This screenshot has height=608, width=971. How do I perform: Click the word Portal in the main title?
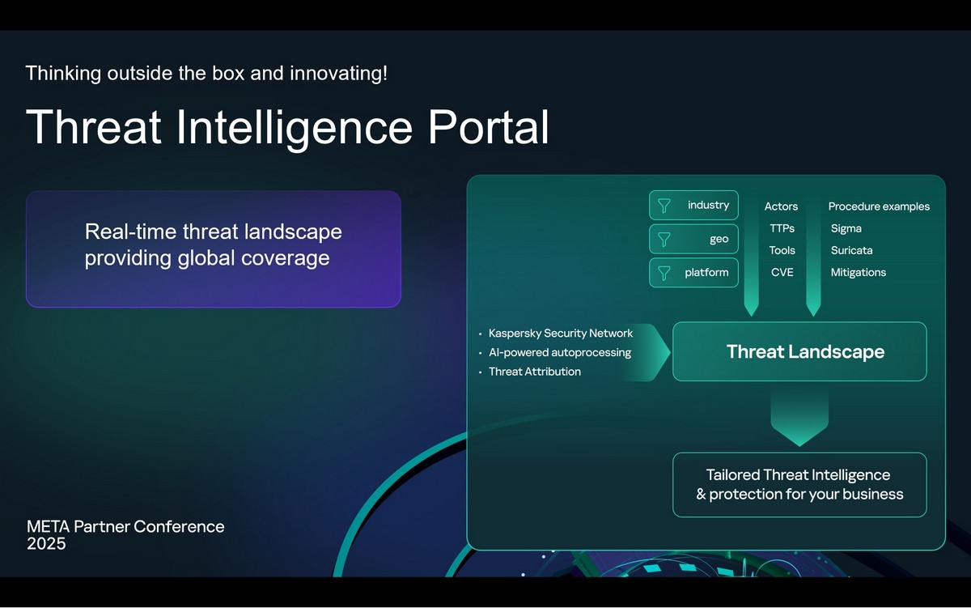(489, 127)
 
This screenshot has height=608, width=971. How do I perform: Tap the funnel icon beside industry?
(664, 206)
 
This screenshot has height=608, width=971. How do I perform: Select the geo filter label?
(719, 240)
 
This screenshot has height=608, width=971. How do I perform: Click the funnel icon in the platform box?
(664, 273)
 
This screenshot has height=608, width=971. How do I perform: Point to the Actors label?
(781, 206)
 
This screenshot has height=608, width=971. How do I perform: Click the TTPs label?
(782, 228)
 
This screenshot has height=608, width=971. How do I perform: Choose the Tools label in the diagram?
(782, 250)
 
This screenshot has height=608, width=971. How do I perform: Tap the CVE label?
(782, 272)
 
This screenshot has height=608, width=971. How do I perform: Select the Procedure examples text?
(879, 206)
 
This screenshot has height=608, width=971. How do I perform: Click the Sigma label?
(846, 228)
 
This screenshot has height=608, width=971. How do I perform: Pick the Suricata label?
(852, 250)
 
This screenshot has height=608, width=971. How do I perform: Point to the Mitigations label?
(859, 272)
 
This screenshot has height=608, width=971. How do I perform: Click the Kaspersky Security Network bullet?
(561, 333)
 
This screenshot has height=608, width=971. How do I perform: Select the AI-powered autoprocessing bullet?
(560, 352)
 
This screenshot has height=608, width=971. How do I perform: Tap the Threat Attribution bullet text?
(535, 372)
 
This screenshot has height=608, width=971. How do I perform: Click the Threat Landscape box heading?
(805, 351)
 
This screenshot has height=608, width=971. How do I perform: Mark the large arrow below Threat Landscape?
(799, 417)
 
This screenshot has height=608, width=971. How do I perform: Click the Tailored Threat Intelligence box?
(799, 485)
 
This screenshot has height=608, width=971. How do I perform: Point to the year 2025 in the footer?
(46, 544)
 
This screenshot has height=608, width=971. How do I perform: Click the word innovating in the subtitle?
(338, 74)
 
